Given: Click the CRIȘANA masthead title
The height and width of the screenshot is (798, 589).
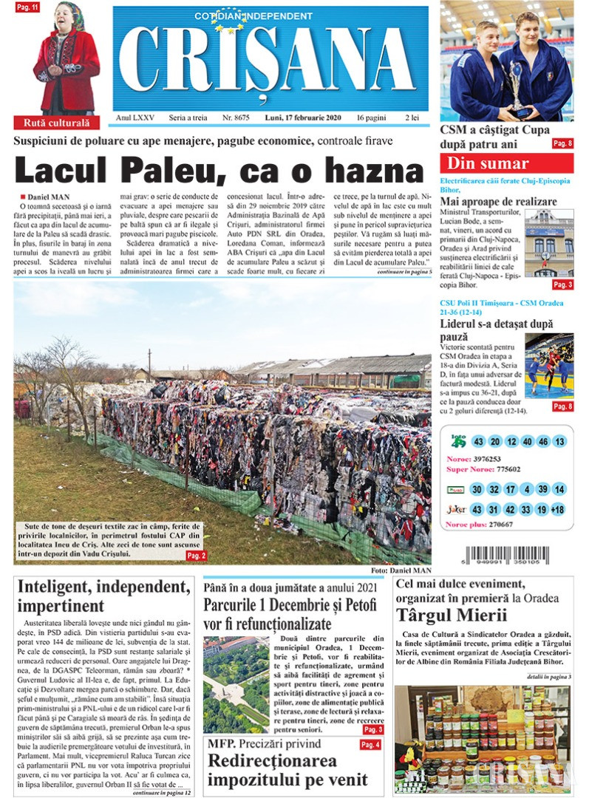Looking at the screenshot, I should (270, 61).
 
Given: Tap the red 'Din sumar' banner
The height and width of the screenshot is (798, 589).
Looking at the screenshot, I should (506, 163).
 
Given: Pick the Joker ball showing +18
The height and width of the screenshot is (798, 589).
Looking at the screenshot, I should (558, 510).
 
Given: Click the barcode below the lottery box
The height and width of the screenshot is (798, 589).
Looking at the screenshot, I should (507, 556).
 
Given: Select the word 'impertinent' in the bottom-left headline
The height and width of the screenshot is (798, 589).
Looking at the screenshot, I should (56, 605).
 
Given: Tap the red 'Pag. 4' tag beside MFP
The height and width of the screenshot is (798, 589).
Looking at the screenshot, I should (371, 745).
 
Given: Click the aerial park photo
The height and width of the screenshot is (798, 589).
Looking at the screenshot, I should (235, 684).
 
